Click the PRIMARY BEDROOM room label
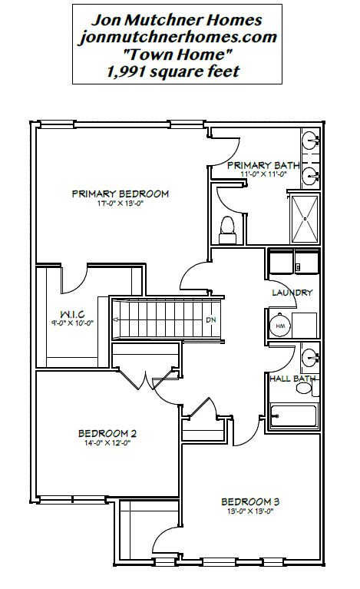120,194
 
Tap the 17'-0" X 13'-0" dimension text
120,204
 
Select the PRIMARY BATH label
263,165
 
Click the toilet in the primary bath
227,230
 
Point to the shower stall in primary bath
306,219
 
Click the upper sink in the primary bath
311,140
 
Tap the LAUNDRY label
292,293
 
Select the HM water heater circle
280,326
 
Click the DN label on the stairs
211,320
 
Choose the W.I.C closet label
72,314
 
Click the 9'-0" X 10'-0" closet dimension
72,323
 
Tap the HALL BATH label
292,379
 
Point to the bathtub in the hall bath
293,416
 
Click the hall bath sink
310,356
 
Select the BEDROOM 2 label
107,433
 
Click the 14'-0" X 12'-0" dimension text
107,443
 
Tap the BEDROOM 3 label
250,502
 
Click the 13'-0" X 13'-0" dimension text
250,511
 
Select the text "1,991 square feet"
173,71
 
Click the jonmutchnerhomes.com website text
177,37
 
